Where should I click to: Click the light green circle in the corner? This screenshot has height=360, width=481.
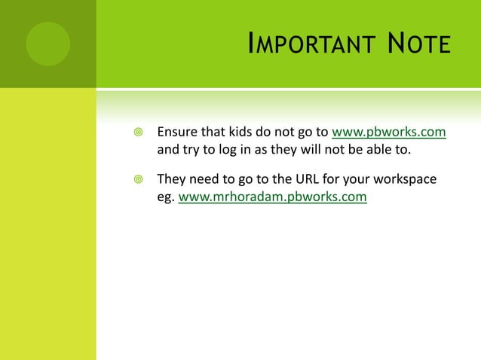47,44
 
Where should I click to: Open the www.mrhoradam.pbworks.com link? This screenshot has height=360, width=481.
272,198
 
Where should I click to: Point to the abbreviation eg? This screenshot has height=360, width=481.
165,199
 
